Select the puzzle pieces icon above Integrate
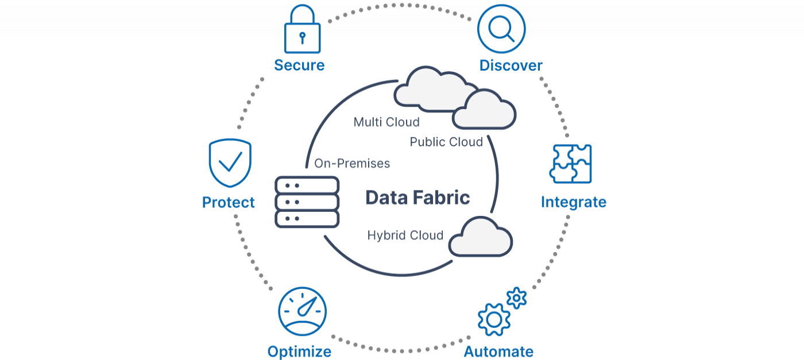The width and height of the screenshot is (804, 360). [570, 164]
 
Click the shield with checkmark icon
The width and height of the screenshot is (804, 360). [229, 162]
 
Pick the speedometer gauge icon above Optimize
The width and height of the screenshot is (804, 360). [302, 312]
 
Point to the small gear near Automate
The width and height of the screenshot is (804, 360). [517, 297]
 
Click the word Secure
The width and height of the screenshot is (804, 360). [299, 65]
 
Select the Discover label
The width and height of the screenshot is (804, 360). [511, 65]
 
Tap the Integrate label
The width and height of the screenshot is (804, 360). [573, 202]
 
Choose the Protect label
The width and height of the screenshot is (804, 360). [229, 202]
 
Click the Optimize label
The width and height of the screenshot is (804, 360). [299, 351]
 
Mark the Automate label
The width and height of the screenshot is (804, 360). [498, 351]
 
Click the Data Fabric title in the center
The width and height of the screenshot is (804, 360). [418, 198]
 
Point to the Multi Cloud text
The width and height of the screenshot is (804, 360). [386, 122]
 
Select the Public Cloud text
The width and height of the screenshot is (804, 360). [446, 142]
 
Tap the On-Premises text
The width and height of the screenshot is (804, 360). [352, 164]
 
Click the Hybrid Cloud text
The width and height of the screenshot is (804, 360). [405, 235]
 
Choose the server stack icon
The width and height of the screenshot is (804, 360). [307, 202]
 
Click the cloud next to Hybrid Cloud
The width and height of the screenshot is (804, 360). [480, 238]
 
